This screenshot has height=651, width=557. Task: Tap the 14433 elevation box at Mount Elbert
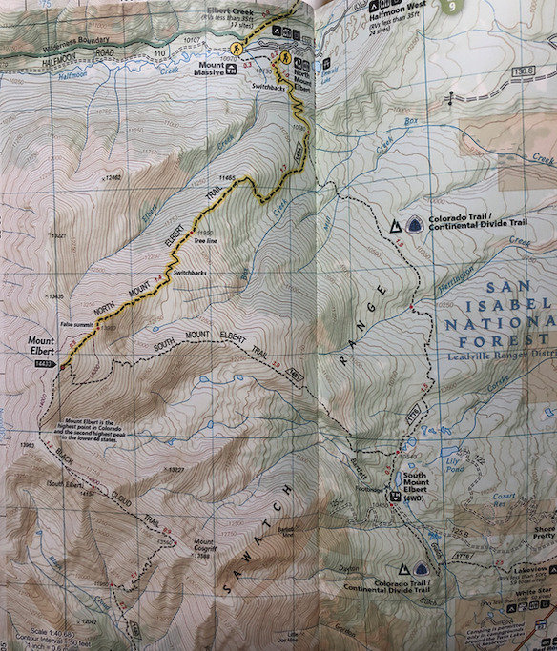point(42,364)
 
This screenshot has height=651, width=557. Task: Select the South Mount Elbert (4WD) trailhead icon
point(393,494)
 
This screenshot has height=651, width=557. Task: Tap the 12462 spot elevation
point(113,177)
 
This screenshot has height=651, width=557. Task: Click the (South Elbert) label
point(65,486)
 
